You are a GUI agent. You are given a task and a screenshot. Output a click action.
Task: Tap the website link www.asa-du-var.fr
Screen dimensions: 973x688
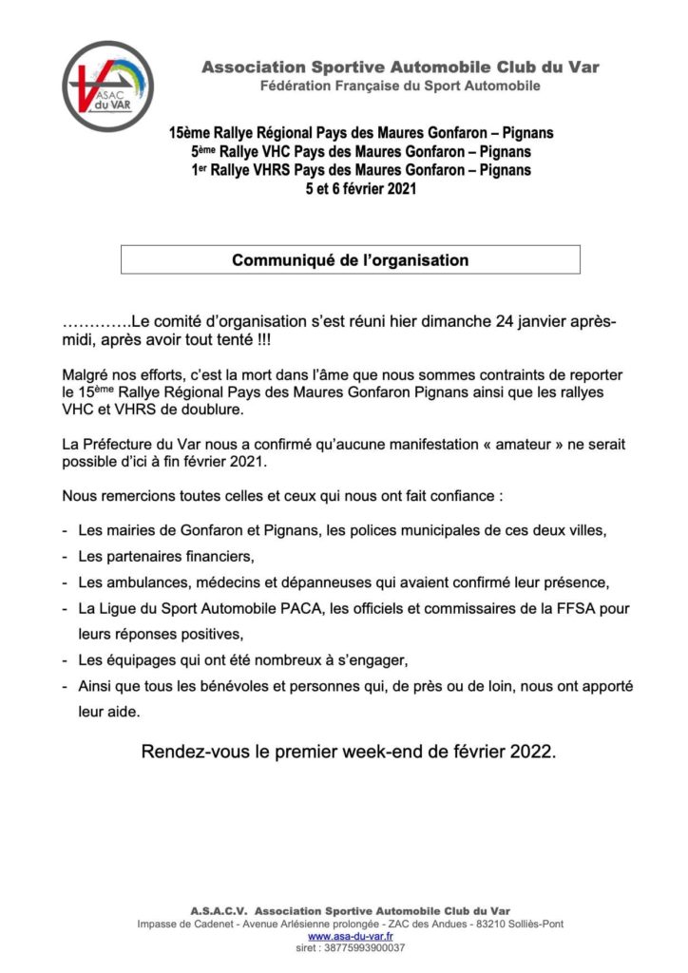click(x=343, y=936)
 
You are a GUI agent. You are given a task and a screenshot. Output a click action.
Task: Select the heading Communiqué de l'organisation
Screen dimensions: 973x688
click(x=351, y=258)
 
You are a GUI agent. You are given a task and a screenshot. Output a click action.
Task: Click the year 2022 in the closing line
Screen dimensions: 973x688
click(x=532, y=752)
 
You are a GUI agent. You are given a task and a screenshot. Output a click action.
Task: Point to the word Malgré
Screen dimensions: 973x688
click(x=85, y=375)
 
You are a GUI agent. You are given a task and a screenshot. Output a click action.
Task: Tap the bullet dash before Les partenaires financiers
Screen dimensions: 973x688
click(x=65, y=555)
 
